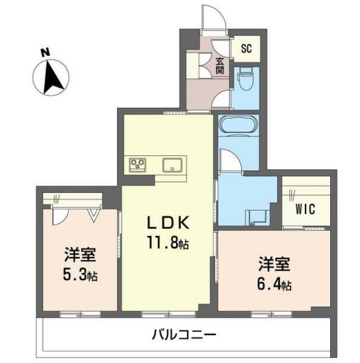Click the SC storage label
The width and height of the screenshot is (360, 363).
[x=246, y=48]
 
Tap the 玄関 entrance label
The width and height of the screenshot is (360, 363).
[x=220, y=66]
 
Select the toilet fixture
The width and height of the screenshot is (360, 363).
[x=245, y=79]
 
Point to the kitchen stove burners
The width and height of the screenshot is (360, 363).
[x=138, y=165]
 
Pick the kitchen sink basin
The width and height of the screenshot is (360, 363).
[x=172, y=165]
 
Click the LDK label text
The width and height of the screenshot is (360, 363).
[x=169, y=223]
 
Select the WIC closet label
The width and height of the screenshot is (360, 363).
[x=305, y=209]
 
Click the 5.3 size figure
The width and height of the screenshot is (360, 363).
[x=74, y=275]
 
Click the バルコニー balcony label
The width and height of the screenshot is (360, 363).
[x=184, y=335]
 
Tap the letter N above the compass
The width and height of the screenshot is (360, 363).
[x=45, y=52]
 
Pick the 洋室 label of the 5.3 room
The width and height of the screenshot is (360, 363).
[x=80, y=255]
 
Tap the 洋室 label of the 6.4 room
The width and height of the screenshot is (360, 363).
[x=274, y=264]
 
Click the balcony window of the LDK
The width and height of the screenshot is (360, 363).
[x=169, y=315]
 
